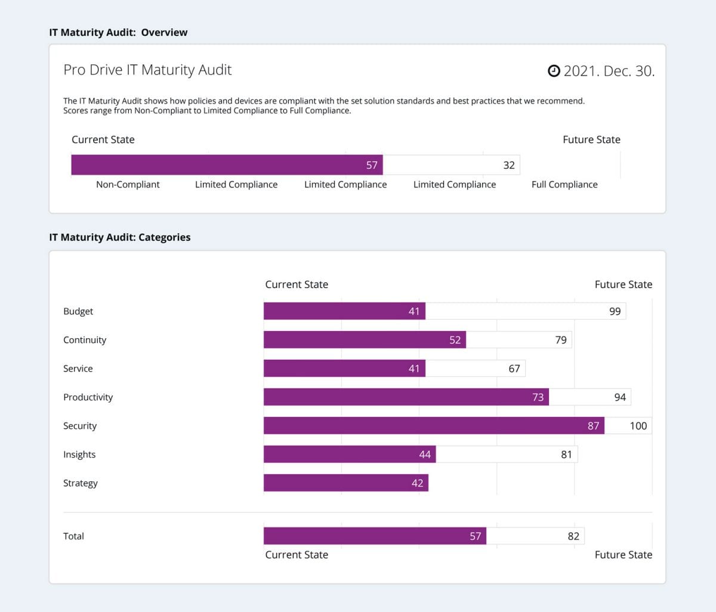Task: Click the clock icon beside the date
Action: coord(554,71)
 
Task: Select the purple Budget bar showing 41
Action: coord(344,311)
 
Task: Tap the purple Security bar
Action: coord(434,425)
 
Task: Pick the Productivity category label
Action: coord(88,397)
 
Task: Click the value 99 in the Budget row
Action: coord(615,311)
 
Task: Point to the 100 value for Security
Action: coord(638,426)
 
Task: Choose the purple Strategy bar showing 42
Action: coord(345,483)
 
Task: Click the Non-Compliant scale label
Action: coord(128,184)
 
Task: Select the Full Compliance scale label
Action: coord(564,184)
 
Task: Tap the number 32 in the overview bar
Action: coord(508,165)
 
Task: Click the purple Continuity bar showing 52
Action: coord(365,339)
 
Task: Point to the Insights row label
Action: coord(79,455)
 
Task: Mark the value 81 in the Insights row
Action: coord(566,455)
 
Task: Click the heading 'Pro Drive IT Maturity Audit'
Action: coord(147,70)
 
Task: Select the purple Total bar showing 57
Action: coord(375,536)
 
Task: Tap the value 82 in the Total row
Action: coord(573,536)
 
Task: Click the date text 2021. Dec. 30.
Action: coord(609,71)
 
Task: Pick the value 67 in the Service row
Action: coord(514,369)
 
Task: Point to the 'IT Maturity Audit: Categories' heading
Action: coord(120,237)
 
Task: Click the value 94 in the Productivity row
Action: coord(620,397)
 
